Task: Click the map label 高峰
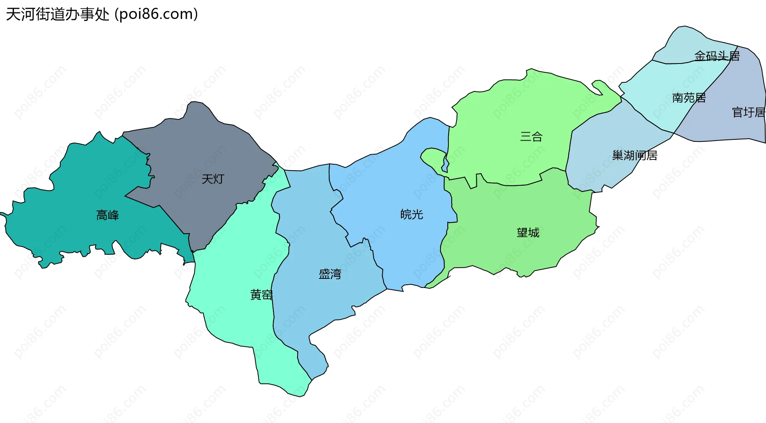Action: pyautogui.click(x=108, y=215)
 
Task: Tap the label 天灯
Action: pyautogui.click(x=213, y=179)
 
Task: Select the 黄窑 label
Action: pyautogui.click(x=261, y=295)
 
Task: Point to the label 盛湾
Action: pyautogui.click(x=330, y=274)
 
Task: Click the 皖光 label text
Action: pyautogui.click(x=412, y=214)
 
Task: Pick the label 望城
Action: pyautogui.click(x=528, y=232)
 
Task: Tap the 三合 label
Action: pyautogui.click(x=531, y=137)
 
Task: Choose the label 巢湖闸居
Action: pyautogui.click(x=635, y=155)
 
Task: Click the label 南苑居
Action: pyautogui.click(x=689, y=98)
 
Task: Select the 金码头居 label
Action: pyautogui.click(x=717, y=56)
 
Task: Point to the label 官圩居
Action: pyautogui.click(x=749, y=113)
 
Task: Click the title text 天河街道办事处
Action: pyautogui.click(x=57, y=14)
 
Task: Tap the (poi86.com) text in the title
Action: pyautogui.click(x=156, y=14)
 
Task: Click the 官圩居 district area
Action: pyautogui.click(x=738, y=88)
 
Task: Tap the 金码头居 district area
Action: pyautogui.click(x=686, y=44)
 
